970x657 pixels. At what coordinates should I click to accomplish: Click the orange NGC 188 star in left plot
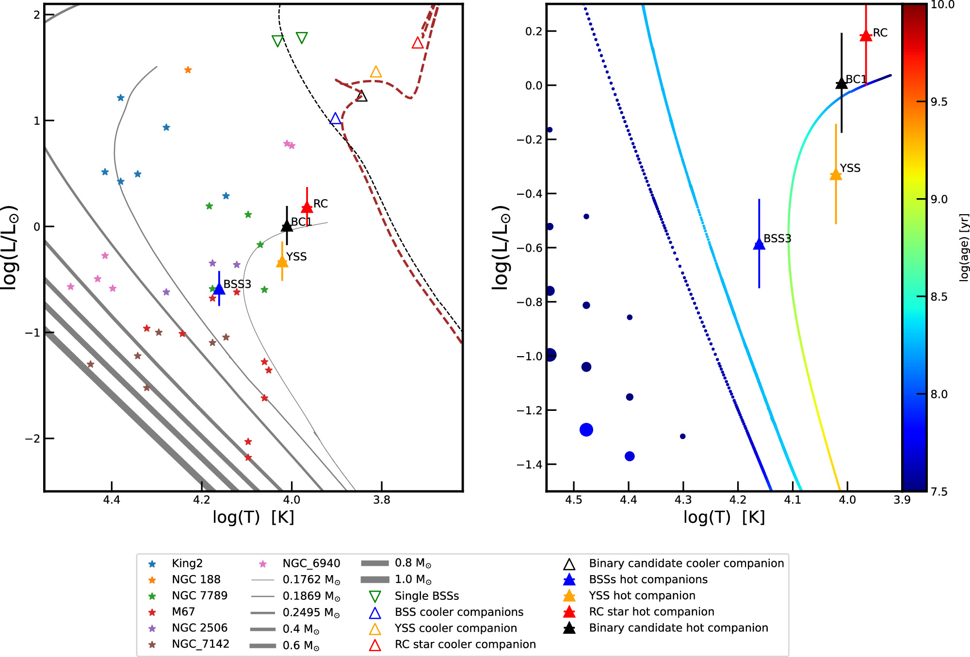(188, 70)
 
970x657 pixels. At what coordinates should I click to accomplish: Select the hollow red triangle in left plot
(418, 43)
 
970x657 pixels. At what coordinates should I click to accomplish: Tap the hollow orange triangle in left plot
(376, 72)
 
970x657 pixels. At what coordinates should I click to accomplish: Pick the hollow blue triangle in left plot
(335, 118)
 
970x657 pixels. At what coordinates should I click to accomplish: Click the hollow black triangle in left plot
(361, 96)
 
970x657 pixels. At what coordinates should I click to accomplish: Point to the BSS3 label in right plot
(777, 238)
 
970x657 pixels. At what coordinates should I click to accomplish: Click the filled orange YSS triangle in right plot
(836, 174)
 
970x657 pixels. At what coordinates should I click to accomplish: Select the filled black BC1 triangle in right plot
(841, 83)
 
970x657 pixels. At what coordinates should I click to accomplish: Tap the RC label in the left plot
(321, 203)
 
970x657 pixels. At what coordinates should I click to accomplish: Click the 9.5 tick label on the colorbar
(939, 102)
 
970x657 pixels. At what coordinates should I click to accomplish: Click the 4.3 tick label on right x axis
(683, 500)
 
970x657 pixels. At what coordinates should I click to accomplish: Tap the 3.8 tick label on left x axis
(382, 500)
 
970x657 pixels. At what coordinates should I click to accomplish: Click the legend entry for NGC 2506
(199, 628)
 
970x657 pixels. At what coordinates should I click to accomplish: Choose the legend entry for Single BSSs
(426, 596)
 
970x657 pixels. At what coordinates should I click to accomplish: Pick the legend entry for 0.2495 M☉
(311, 612)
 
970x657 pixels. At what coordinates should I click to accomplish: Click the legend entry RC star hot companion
(651, 612)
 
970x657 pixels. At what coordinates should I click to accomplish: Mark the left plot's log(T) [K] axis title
(253, 517)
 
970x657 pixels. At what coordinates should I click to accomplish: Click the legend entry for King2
(187, 563)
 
